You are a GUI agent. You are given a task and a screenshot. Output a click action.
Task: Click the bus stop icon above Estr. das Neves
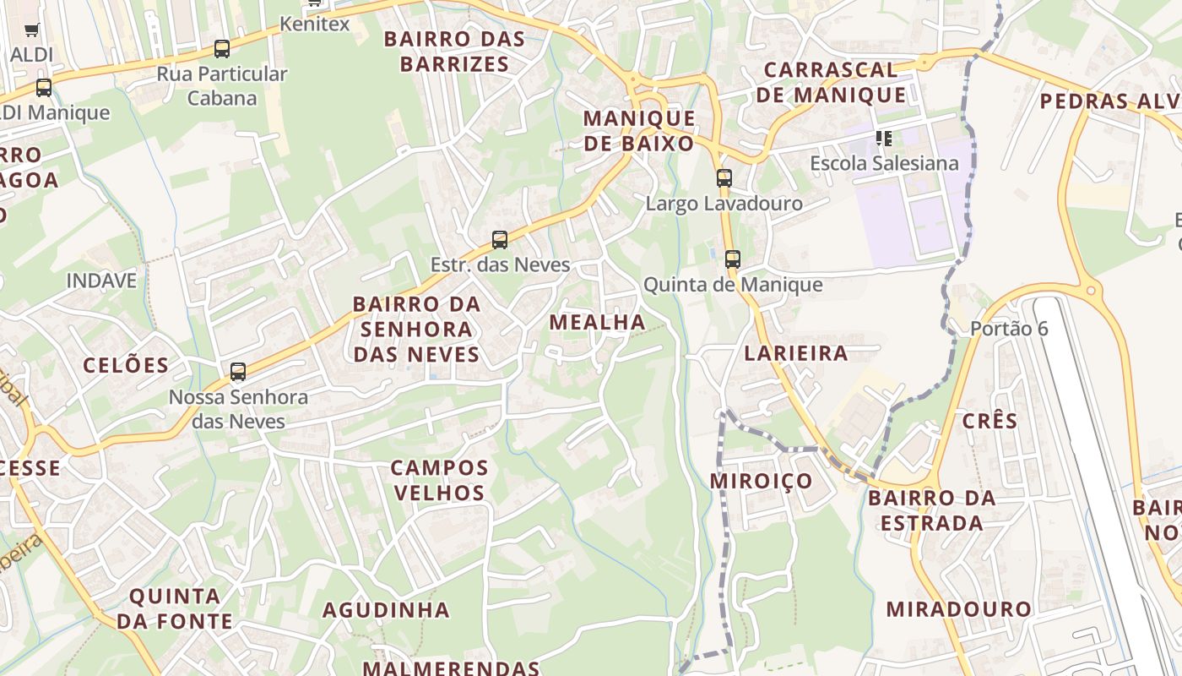click(x=500, y=240)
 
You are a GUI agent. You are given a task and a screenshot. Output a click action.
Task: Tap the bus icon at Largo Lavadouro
click(x=724, y=178)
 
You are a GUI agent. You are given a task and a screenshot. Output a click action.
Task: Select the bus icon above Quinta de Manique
click(x=732, y=259)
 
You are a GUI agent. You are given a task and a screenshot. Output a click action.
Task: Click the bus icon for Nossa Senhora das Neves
click(x=238, y=371)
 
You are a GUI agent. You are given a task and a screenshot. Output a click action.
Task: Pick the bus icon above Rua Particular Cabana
click(x=222, y=49)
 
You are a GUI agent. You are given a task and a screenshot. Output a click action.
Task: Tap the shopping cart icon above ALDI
click(x=32, y=30)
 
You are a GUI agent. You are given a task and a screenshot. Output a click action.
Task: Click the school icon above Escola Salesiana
click(x=884, y=138)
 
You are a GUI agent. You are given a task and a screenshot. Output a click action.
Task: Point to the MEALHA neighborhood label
click(x=597, y=322)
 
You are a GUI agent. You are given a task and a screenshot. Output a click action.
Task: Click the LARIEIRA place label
click(x=796, y=352)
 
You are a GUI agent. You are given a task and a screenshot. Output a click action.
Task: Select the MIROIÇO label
click(x=762, y=481)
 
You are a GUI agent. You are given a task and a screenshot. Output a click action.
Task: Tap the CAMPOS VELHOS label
click(x=439, y=480)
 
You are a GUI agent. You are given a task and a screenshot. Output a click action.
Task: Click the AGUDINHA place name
click(x=386, y=609)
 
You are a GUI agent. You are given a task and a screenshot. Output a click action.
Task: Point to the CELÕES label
click(x=126, y=365)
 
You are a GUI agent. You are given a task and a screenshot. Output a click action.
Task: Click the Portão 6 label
click(x=1009, y=329)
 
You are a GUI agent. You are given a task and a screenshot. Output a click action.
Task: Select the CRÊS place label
click(x=990, y=420)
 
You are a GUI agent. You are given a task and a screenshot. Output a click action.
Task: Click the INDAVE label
click(x=101, y=281)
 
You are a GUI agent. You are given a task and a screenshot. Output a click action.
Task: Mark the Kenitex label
click(x=314, y=24)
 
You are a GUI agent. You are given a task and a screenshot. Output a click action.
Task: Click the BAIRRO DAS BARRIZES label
click(x=454, y=51)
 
